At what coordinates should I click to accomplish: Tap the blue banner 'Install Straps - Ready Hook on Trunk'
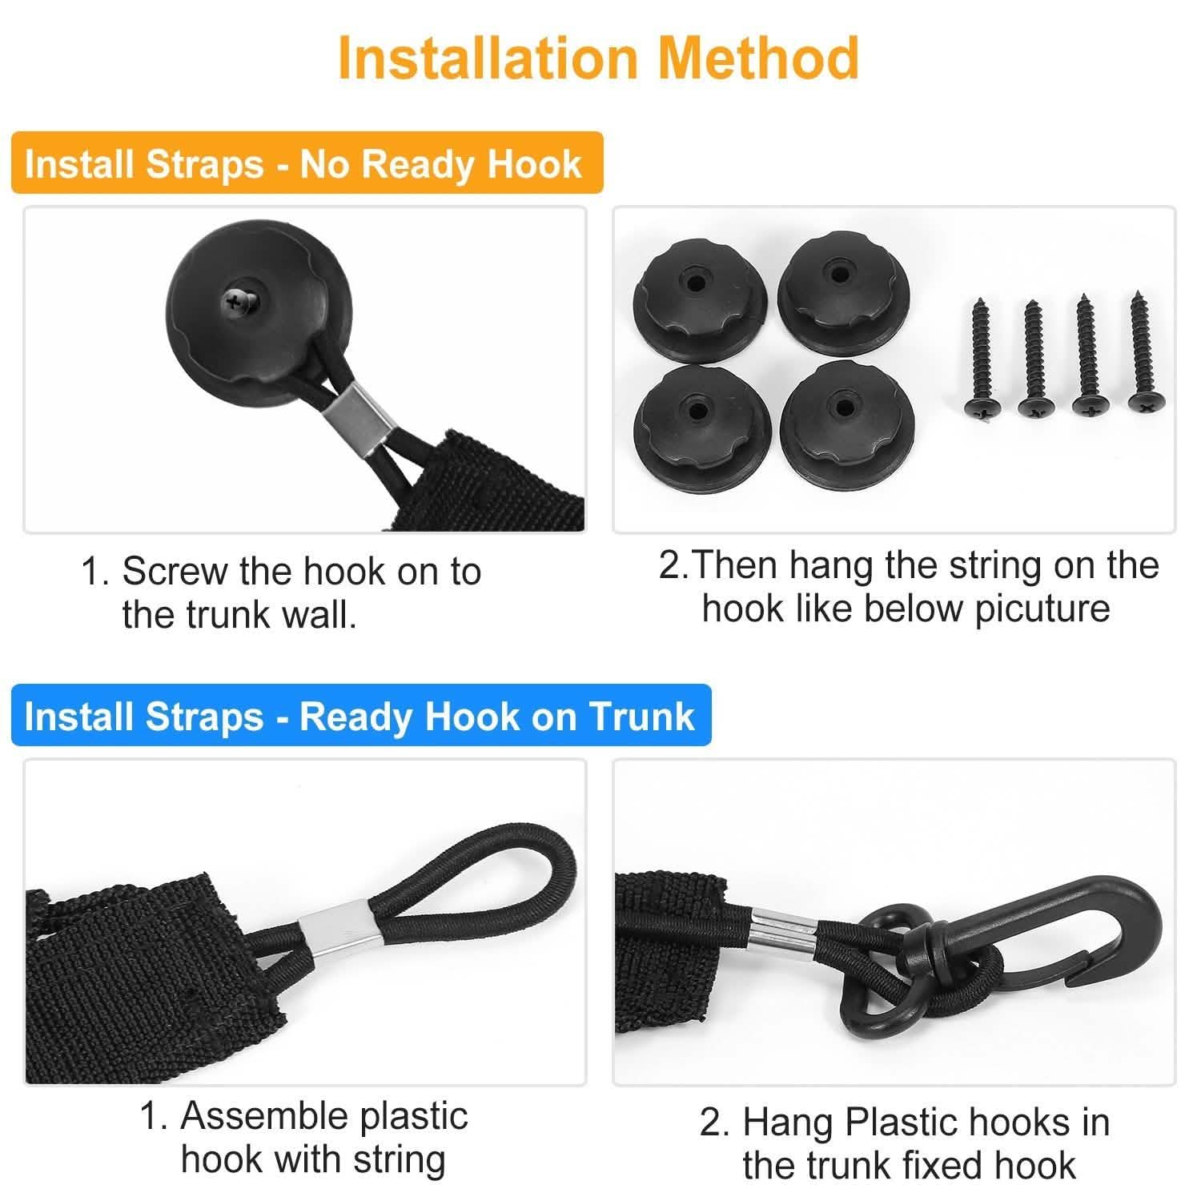360,715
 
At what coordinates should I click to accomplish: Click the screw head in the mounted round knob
237,303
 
